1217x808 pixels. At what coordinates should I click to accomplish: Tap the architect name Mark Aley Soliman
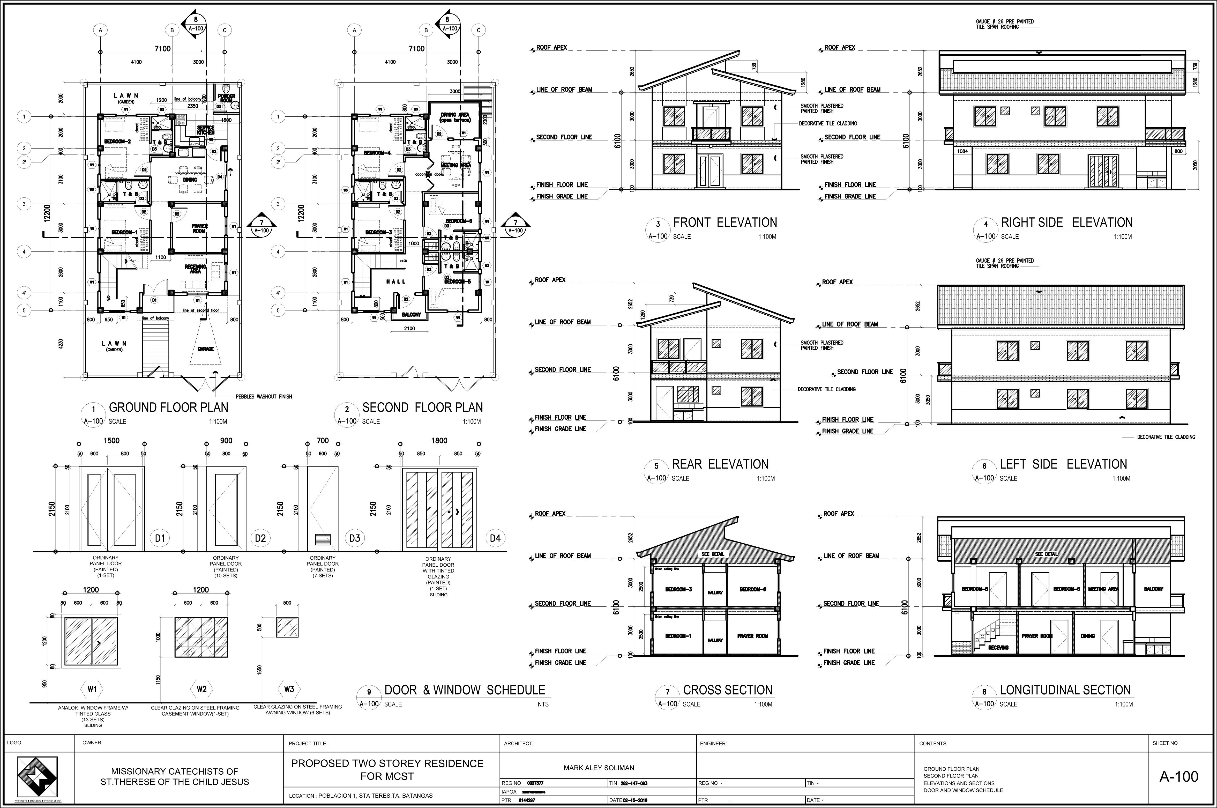(599, 768)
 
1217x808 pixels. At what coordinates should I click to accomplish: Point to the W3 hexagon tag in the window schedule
(289, 689)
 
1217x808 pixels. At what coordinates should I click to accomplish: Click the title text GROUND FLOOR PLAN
(168, 407)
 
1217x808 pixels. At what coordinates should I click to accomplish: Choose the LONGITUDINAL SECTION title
(1065, 690)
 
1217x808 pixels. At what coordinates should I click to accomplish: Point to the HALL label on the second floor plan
(395, 281)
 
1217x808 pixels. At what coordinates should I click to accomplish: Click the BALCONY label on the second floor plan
(412, 314)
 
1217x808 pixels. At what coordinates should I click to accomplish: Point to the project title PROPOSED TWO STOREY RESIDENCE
(387, 763)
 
